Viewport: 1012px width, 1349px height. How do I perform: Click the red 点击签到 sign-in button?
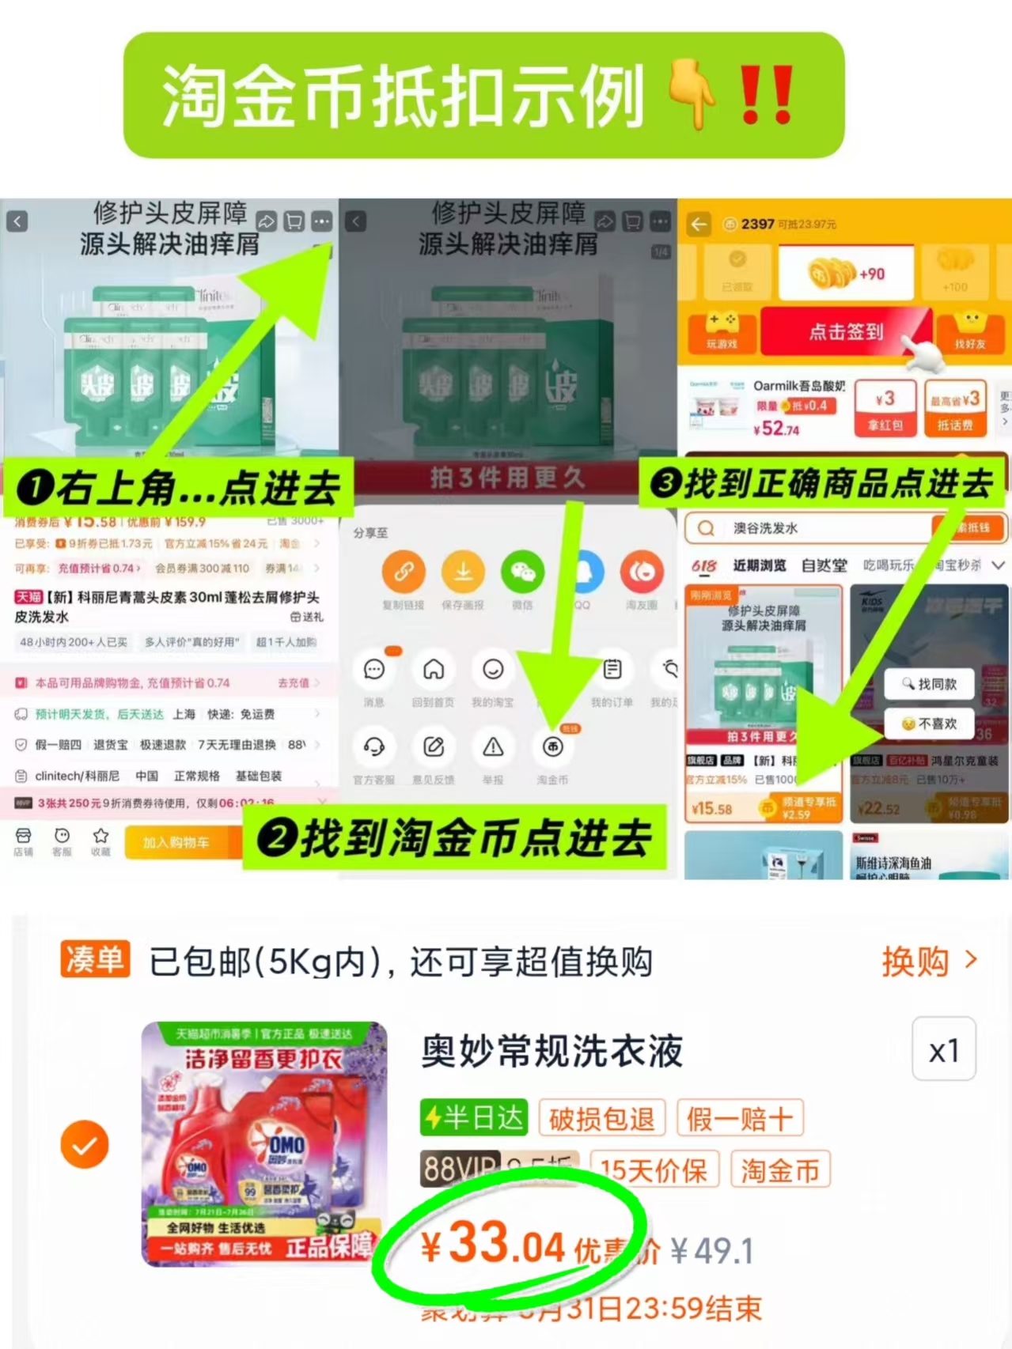846,332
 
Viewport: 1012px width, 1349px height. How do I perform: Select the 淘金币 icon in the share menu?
552,747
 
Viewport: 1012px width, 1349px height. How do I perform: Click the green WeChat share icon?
522,572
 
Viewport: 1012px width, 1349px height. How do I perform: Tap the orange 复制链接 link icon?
404,572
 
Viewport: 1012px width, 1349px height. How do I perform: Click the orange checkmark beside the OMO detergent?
85,1144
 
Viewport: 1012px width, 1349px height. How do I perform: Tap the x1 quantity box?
943,1050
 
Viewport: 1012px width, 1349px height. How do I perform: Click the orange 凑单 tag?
95,960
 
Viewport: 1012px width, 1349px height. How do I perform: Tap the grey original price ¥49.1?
711,1251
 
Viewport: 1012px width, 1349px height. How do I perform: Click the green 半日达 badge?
474,1118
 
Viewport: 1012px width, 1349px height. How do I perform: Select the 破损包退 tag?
601,1119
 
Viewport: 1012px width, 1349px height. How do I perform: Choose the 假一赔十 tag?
739,1119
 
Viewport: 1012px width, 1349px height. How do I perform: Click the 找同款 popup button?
929,684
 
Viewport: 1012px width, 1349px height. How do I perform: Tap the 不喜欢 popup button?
929,724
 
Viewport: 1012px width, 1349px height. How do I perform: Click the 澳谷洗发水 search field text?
765,528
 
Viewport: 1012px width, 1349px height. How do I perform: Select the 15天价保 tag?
654,1170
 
